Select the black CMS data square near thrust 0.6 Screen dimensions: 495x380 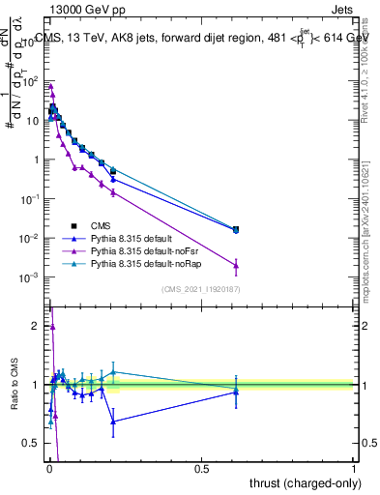click(236, 229)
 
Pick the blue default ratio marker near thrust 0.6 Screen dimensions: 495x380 click(236, 391)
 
